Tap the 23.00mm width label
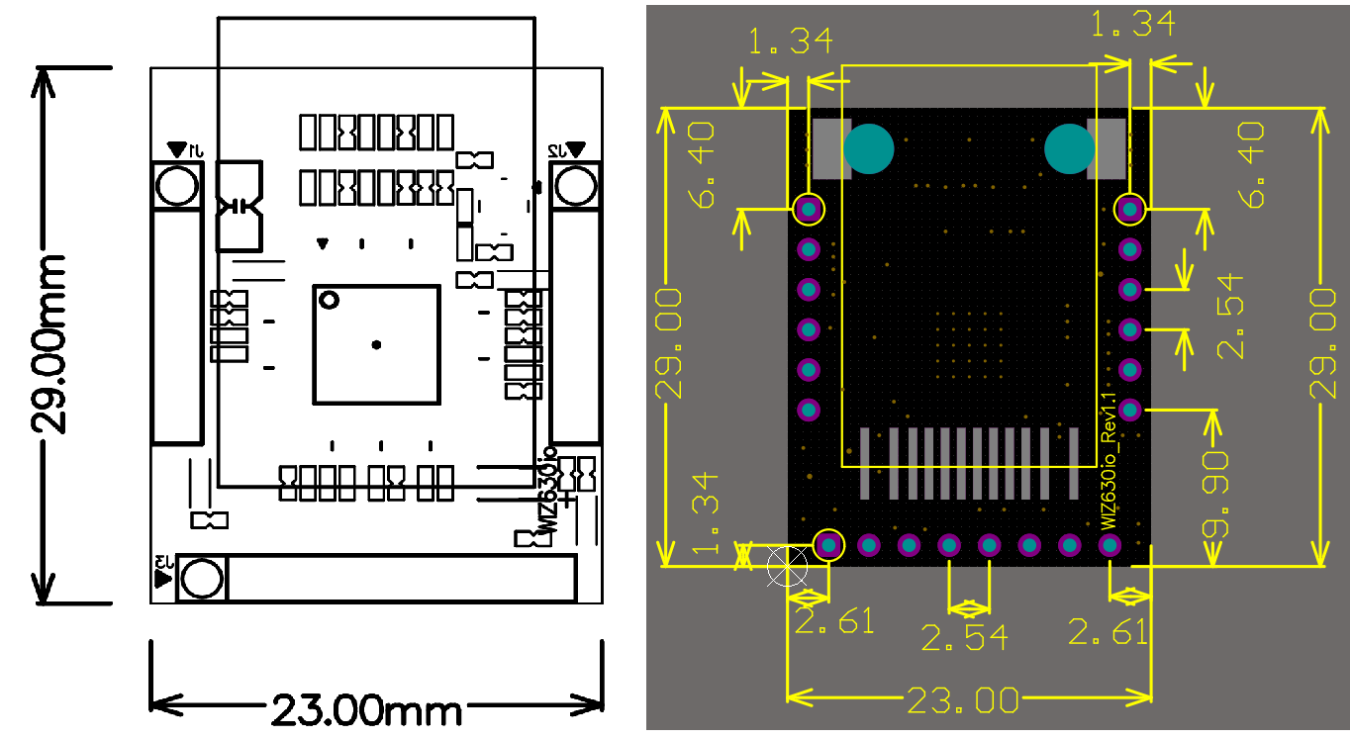tap(366, 709)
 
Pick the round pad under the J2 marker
tap(575, 185)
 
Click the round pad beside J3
tap(202, 577)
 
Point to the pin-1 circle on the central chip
tap(329, 299)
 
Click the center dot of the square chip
tap(376, 344)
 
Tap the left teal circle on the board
tap(869, 149)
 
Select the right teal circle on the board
tap(1070, 149)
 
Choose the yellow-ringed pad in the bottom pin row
tap(828, 544)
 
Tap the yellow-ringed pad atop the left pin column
tap(809, 209)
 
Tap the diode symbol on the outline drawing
tap(239, 206)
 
